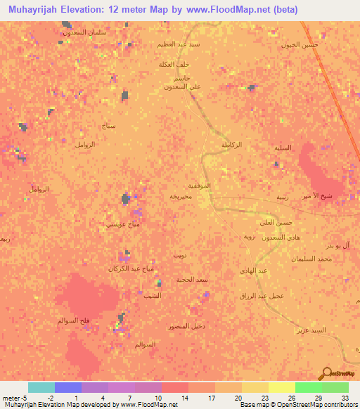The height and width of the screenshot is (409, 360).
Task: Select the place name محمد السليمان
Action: pos(314,259)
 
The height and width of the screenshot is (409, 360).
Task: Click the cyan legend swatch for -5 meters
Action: pos(41,387)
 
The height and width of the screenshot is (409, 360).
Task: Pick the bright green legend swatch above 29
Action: pos(308,387)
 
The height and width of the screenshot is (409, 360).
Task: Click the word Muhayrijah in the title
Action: pos(39,10)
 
